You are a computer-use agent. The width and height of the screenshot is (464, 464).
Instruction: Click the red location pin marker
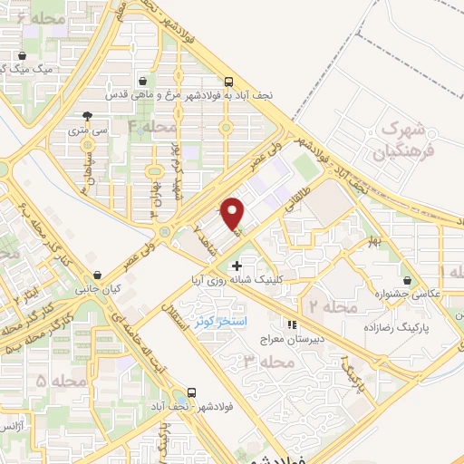coord(235,213)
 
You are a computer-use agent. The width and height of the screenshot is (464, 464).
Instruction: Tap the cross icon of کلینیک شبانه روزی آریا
coord(237,266)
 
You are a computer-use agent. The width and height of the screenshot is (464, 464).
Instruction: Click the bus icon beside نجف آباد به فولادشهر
coord(229,80)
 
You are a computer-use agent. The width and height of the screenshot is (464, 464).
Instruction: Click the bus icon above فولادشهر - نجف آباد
coord(191,392)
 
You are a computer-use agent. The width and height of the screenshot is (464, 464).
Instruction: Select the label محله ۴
coord(151,126)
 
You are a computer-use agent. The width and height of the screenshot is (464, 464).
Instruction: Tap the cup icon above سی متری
coord(87,116)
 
